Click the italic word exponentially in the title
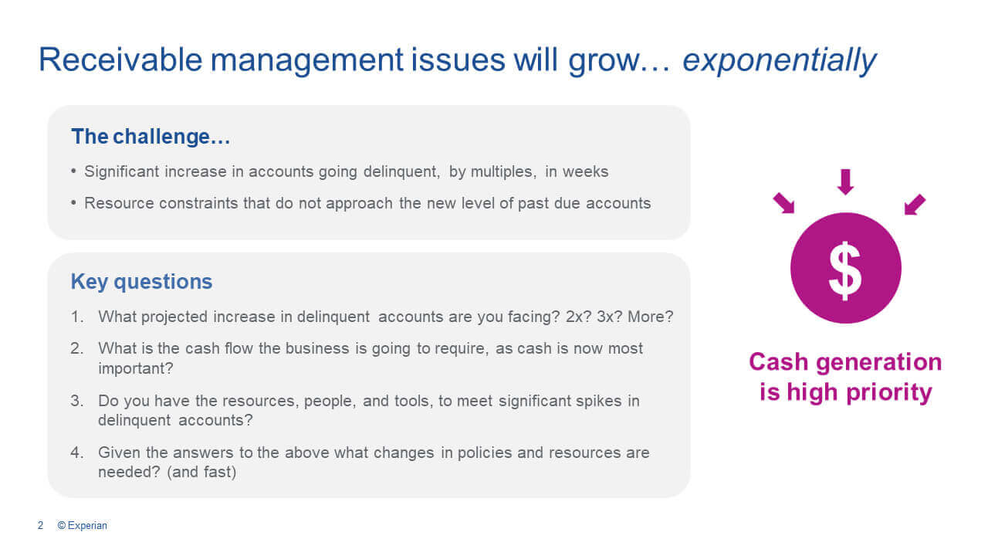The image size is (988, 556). tap(780, 60)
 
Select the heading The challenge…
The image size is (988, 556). tap(151, 137)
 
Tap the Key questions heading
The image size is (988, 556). tap(141, 282)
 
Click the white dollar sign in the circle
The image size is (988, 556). tap(845, 270)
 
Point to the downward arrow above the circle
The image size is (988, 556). tap(845, 181)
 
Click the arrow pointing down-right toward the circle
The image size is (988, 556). tap(783, 203)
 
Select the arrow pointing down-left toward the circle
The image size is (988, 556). tap(915, 205)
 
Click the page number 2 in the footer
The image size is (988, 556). tap(41, 526)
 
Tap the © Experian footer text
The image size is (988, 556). tap(83, 526)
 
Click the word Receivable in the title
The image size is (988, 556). tap(120, 59)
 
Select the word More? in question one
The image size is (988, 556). tap(651, 317)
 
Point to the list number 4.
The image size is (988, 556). tap(76, 453)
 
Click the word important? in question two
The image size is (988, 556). tap(136, 368)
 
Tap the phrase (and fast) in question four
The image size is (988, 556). tap(202, 472)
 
